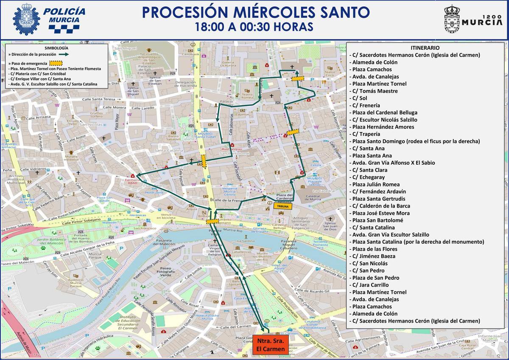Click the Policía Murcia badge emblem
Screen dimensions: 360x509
pyautogui.click(x=26, y=20)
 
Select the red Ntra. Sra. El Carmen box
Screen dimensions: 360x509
pyautogui.click(x=269, y=345)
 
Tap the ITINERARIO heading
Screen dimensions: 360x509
pyautogui.click(x=425, y=48)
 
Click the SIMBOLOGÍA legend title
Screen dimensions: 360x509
pyautogui.click(x=54, y=48)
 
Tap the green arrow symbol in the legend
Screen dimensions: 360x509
pyautogui.click(x=65, y=54)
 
